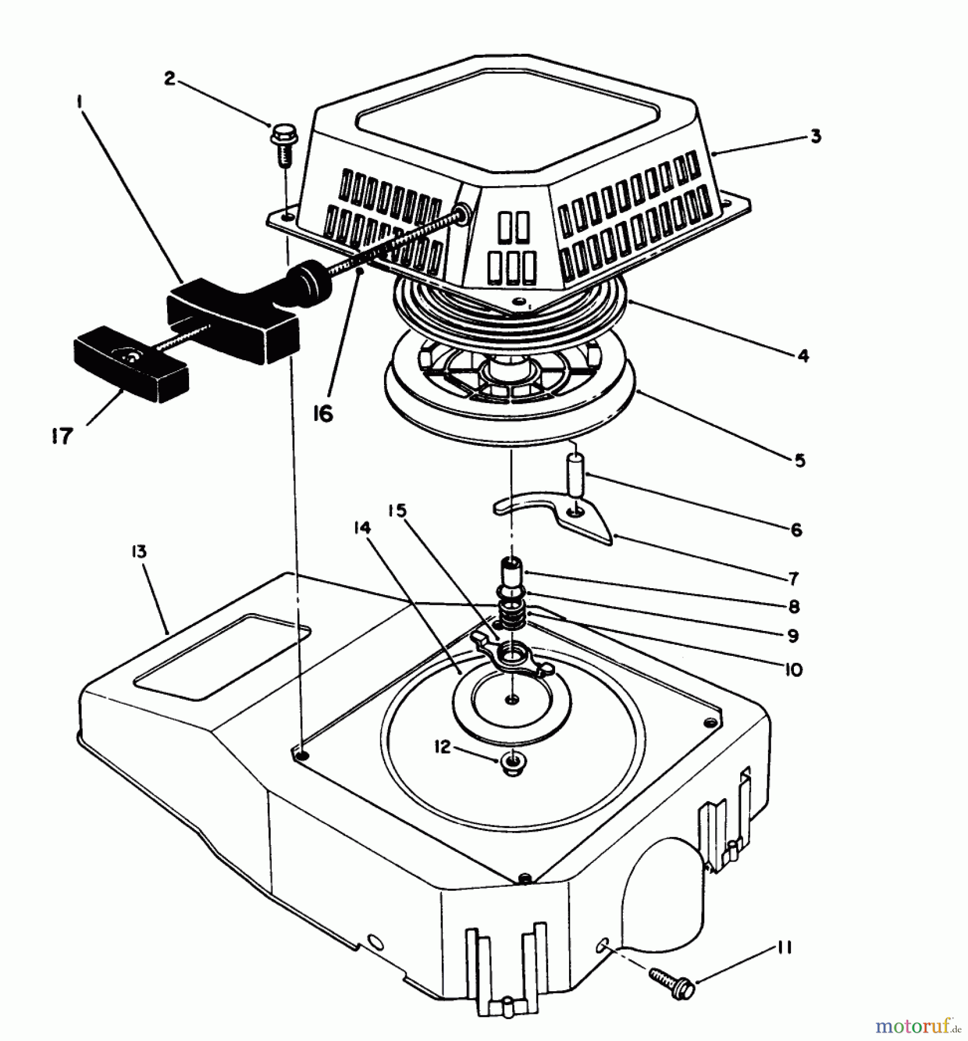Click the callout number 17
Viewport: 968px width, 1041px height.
click(61, 436)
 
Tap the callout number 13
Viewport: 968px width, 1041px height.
click(139, 552)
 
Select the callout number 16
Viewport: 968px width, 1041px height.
click(324, 414)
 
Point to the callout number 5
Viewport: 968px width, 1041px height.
click(800, 460)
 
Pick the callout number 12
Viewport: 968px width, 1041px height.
click(442, 747)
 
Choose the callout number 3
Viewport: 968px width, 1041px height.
click(815, 137)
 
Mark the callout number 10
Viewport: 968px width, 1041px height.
click(795, 670)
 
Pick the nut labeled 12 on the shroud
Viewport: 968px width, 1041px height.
click(511, 765)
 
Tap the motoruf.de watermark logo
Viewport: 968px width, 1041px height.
click(917, 1026)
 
